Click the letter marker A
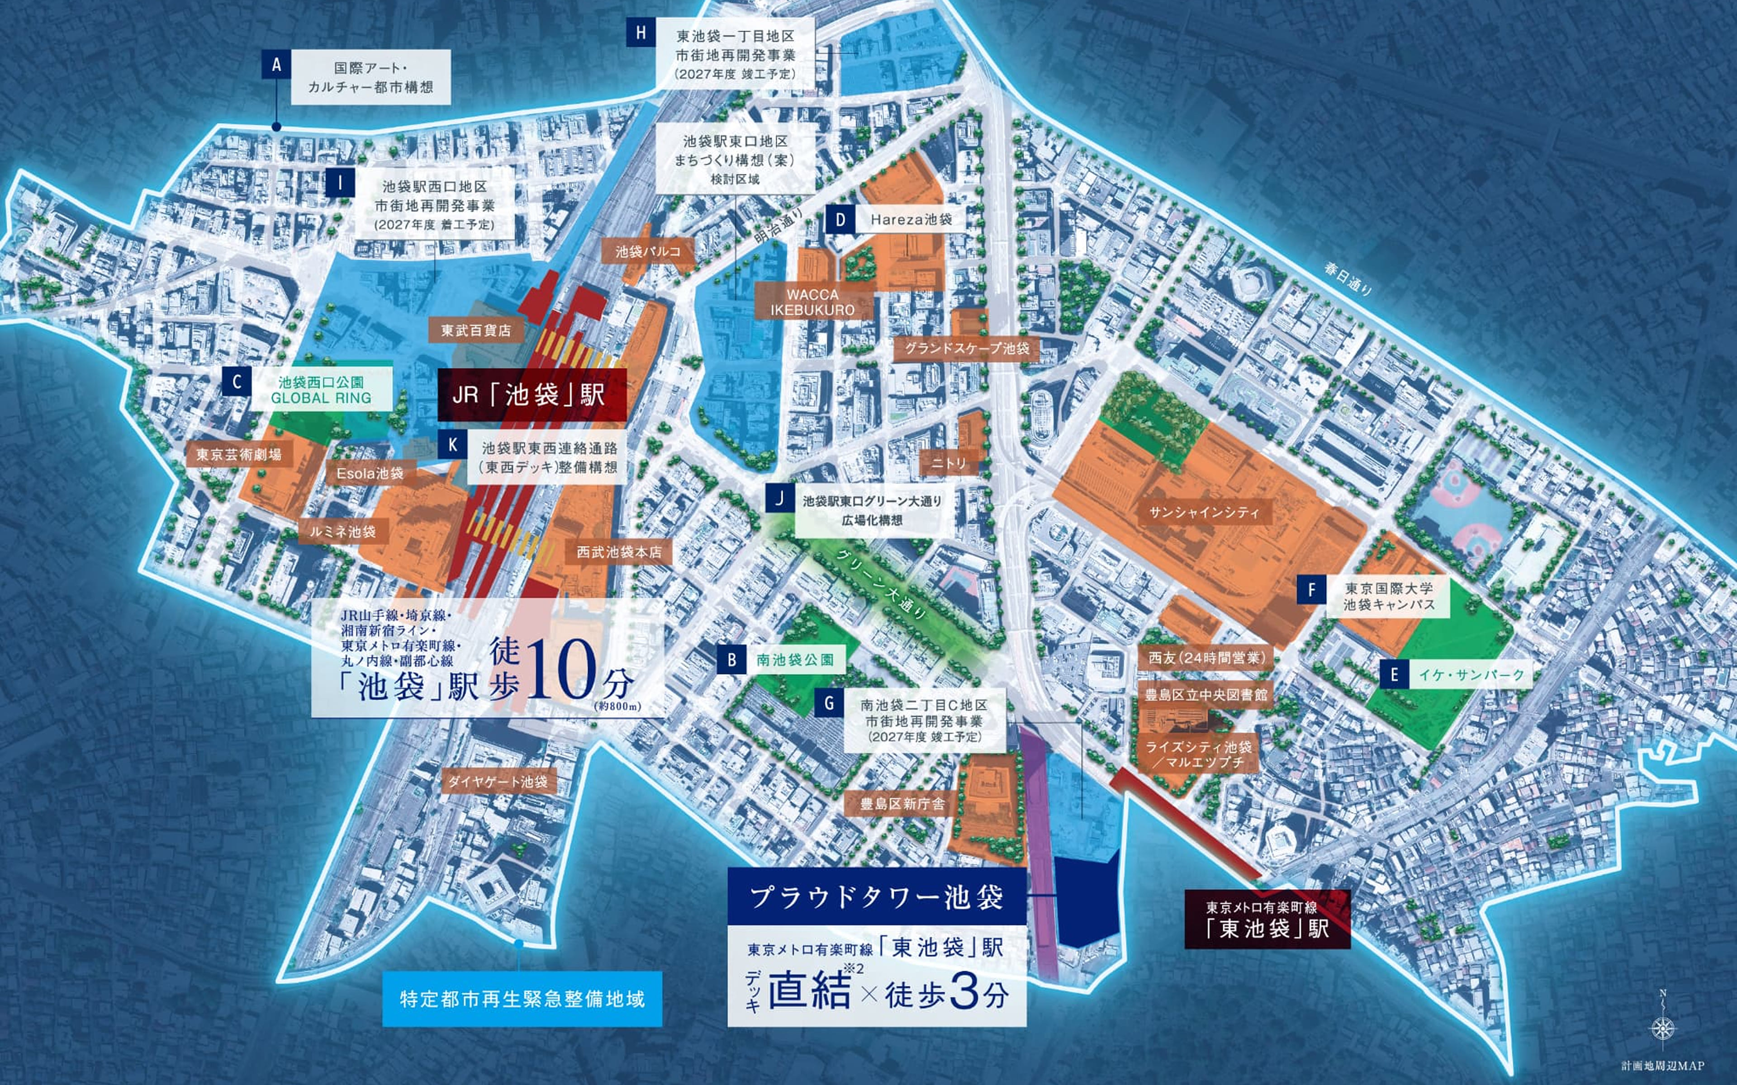(x=276, y=65)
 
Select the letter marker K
(x=452, y=445)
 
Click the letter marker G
(x=829, y=703)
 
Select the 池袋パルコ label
(x=647, y=251)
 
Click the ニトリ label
(x=949, y=463)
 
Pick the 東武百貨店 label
(x=476, y=330)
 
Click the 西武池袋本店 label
(x=619, y=552)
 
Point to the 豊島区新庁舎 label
(x=902, y=804)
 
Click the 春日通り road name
(x=1348, y=279)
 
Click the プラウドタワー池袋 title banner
(x=876, y=897)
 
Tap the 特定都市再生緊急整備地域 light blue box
(x=522, y=999)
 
